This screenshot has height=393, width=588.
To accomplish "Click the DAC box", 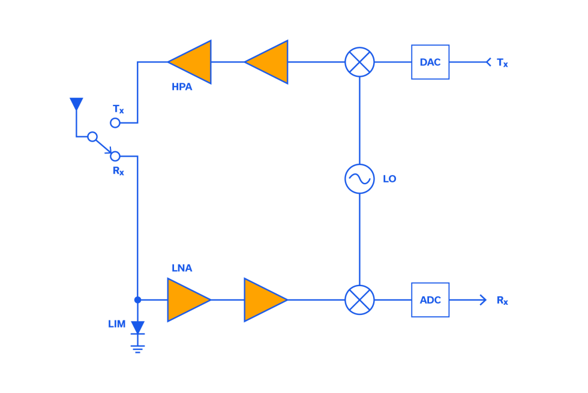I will (430, 62).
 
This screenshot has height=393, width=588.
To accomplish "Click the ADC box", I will (430, 300).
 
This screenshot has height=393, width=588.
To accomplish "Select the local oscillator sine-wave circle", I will (359, 179).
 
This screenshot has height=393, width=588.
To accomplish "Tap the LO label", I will (389, 179).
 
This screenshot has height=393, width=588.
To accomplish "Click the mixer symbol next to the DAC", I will (359, 62).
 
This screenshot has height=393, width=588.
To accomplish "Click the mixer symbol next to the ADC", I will (359, 300).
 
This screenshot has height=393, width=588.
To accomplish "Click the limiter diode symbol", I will (137, 328).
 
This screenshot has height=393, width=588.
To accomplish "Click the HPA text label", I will (182, 87).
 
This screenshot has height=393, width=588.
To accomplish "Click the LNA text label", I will (182, 268).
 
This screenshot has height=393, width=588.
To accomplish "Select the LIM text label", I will (117, 324).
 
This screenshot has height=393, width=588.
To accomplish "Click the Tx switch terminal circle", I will (115, 123).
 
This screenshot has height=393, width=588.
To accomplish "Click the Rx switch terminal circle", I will (115, 157).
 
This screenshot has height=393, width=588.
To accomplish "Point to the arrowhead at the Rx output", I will (484, 300).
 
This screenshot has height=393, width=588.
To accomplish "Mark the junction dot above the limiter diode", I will (137, 300).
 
